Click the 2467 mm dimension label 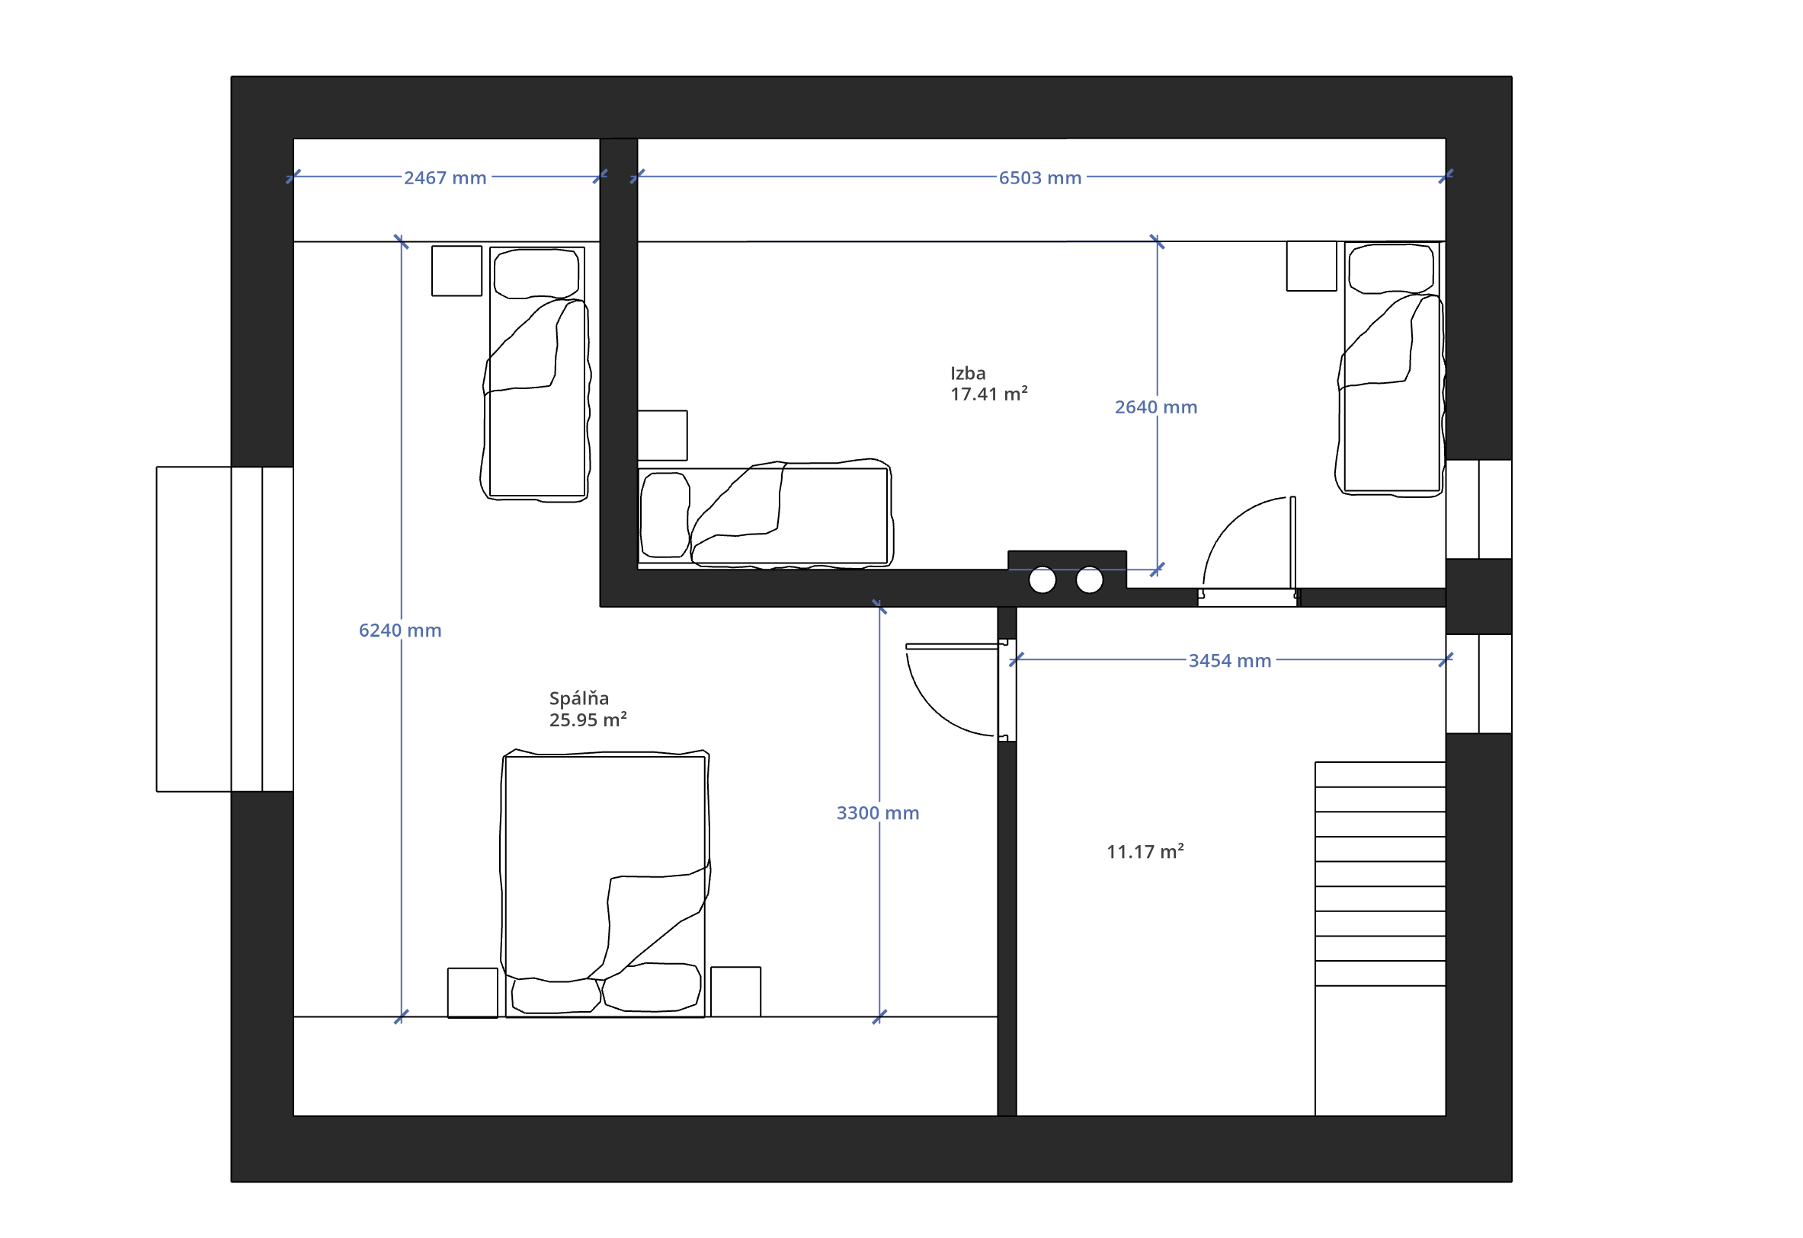coord(445,178)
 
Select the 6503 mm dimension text coord(1040,178)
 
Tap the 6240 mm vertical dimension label coord(400,630)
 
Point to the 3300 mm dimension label coord(878,813)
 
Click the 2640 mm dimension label coord(1156,407)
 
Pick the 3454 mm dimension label coord(1229,661)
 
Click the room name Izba coord(968,373)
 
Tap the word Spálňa coord(579,698)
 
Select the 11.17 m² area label coord(1145,852)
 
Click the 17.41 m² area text coord(989,394)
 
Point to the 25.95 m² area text coord(588,720)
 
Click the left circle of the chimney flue coord(1042,579)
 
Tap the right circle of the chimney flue coord(1089,579)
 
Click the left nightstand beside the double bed coord(472,992)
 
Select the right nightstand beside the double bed coord(735,991)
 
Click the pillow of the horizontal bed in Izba coord(665,515)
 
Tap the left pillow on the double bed coord(556,995)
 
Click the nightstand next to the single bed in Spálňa coord(456,271)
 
